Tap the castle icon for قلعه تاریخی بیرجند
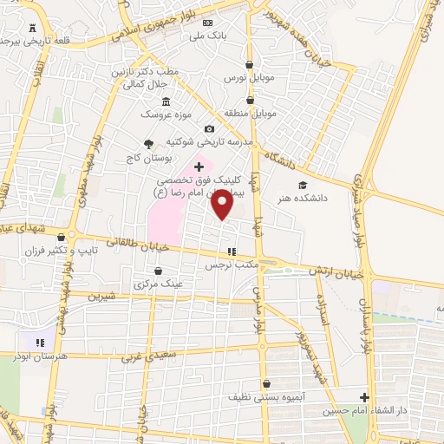[33, 28]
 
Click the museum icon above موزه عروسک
[166, 101]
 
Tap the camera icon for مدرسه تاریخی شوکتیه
[208, 128]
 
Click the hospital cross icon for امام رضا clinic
[199, 166]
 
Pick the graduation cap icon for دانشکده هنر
[303, 185]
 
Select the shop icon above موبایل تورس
[250, 64]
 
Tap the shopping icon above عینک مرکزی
[157, 271]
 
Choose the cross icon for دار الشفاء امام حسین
[365, 399]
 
